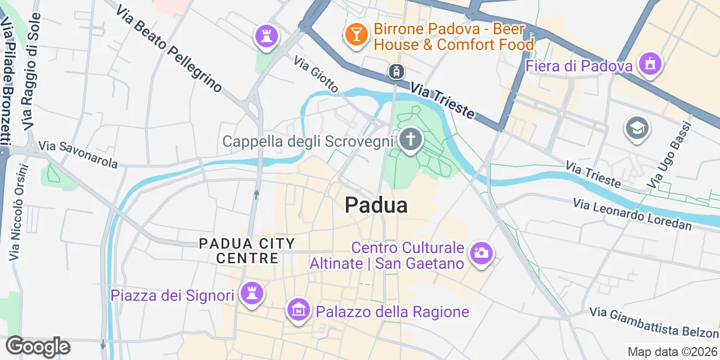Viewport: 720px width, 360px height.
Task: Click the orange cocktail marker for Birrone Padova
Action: pos(356,34)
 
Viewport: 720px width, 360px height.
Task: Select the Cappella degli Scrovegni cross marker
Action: pos(411,138)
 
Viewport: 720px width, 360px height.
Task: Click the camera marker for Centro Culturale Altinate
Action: pos(480,253)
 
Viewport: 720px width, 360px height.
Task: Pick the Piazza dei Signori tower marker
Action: pos(251,293)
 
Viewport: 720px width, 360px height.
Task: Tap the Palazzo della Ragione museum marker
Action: pos(299,309)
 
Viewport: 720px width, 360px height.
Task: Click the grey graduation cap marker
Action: pos(637,129)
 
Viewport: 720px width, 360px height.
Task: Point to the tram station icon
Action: pos(396,71)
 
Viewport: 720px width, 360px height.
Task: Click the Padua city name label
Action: pos(376,205)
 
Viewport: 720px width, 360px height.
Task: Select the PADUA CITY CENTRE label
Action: pos(247,251)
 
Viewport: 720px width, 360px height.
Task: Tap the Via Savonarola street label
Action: pos(78,155)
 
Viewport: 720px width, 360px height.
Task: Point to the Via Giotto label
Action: pos(316,74)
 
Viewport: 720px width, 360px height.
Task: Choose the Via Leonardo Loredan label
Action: pos(633,214)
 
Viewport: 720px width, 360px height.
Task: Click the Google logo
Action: pos(38,346)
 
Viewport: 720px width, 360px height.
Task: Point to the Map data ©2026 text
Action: pos(673,352)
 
